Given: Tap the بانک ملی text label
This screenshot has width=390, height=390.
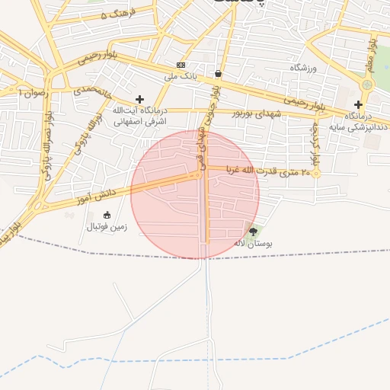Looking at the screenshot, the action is [181, 77].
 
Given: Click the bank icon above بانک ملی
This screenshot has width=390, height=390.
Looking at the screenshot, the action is [181, 65].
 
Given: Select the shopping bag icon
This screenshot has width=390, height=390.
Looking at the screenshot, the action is [219, 74].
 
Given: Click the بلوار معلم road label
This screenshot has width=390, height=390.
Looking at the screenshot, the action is [372, 53].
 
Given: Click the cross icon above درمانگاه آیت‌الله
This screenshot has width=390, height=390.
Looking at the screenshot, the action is [139, 99].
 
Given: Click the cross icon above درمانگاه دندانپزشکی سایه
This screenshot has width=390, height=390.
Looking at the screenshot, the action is [358, 104].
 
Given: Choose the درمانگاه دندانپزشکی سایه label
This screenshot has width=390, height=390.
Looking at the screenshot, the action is [358, 121].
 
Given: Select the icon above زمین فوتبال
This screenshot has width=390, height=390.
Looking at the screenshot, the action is [106, 215].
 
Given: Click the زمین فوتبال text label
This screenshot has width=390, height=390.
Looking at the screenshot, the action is [106, 227].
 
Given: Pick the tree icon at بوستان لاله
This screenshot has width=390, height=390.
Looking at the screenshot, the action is [254, 232].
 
